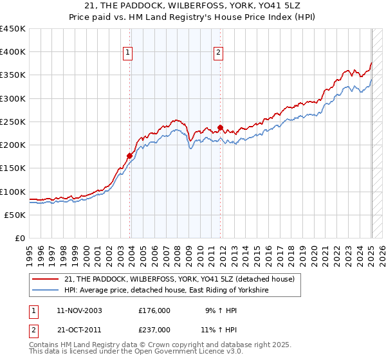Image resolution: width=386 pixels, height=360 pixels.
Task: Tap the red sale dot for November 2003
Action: pos(130,156)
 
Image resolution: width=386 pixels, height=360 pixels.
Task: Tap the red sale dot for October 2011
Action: pos(220,127)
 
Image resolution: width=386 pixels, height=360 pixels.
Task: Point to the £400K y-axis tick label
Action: pos(13,52)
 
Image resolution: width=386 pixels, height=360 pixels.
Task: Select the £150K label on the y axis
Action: pos(13,168)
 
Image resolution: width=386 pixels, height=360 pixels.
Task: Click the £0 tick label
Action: pos(19,239)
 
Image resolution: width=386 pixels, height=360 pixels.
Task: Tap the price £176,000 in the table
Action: pos(154,310)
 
